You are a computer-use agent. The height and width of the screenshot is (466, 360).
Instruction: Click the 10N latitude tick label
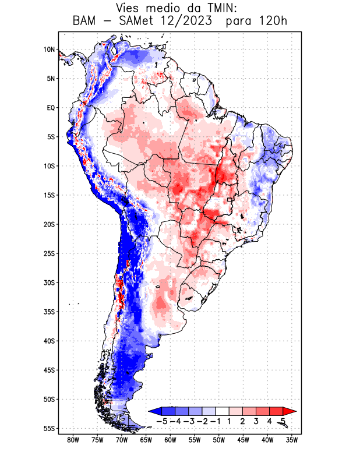point(49,50)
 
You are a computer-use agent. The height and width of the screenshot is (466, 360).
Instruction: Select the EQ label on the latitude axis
point(51,108)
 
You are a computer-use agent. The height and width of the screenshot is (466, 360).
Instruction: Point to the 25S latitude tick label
point(49,253)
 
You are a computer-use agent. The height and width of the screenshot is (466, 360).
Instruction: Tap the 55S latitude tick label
point(49,429)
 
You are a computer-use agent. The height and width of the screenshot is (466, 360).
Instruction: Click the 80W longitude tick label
point(73,440)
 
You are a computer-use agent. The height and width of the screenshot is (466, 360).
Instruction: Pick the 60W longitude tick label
point(170,440)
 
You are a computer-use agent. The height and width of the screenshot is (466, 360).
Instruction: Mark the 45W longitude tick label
point(243,440)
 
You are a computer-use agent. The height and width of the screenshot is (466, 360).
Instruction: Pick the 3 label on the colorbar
point(257,421)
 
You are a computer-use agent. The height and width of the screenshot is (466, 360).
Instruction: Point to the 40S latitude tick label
point(49,341)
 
